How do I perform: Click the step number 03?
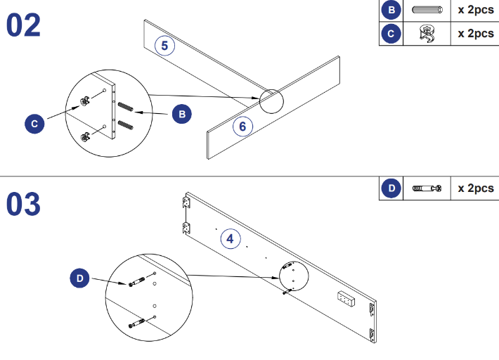(24, 204)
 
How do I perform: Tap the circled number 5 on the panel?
(164, 46)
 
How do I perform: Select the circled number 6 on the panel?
(242, 127)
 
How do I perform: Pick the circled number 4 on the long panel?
(230, 239)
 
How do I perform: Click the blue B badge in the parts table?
(391, 11)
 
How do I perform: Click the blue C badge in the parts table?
(391, 33)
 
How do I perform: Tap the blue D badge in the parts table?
(391, 188)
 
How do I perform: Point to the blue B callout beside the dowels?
(181, 113)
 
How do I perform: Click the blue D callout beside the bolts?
(80, 278)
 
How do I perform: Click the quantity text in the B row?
(475, 11)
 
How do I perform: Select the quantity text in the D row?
(475, 188)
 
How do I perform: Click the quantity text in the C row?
(475, 33)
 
